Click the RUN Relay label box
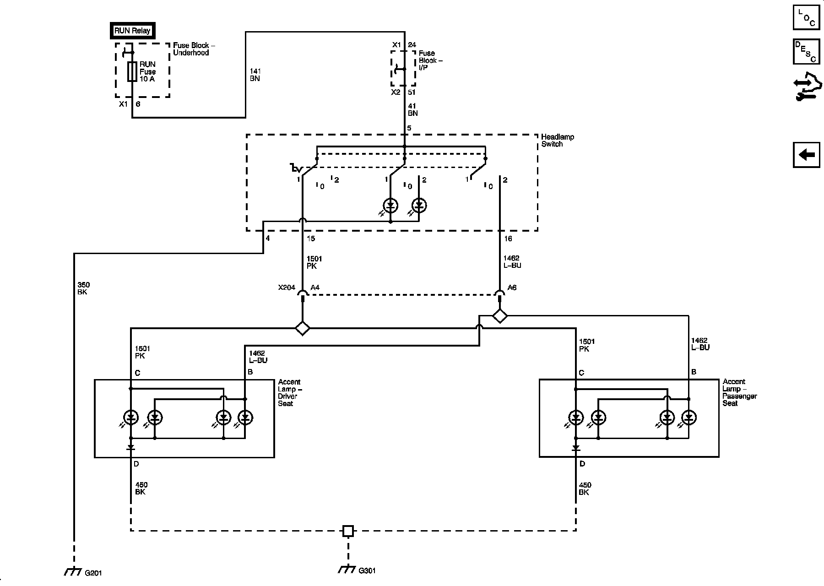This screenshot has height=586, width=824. pos(132,31)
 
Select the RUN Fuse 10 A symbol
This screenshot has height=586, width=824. pos(132,71)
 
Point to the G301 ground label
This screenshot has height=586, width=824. pos(367,571)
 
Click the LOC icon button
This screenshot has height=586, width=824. pos(806,17)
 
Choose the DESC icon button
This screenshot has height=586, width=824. pos(806,52)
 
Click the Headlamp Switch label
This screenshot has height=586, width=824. pos(557,141)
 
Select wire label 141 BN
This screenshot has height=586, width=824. pos(255,75)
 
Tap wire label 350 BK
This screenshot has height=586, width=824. pos(82,288)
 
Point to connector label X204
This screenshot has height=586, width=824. pos(287,288)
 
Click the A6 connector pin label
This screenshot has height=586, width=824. pos(512,288)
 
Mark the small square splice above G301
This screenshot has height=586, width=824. pos(348,531)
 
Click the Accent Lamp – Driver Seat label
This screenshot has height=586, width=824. pos(289,393)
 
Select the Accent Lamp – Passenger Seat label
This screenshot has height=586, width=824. pos(739,392)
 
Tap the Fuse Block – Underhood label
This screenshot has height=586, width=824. pos(194,49)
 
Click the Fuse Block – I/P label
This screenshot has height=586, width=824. pos(430,60)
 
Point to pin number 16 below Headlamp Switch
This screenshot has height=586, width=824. pos(508,239)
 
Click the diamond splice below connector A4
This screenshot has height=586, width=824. pos(302,328)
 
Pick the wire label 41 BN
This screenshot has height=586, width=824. pos(412,109)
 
